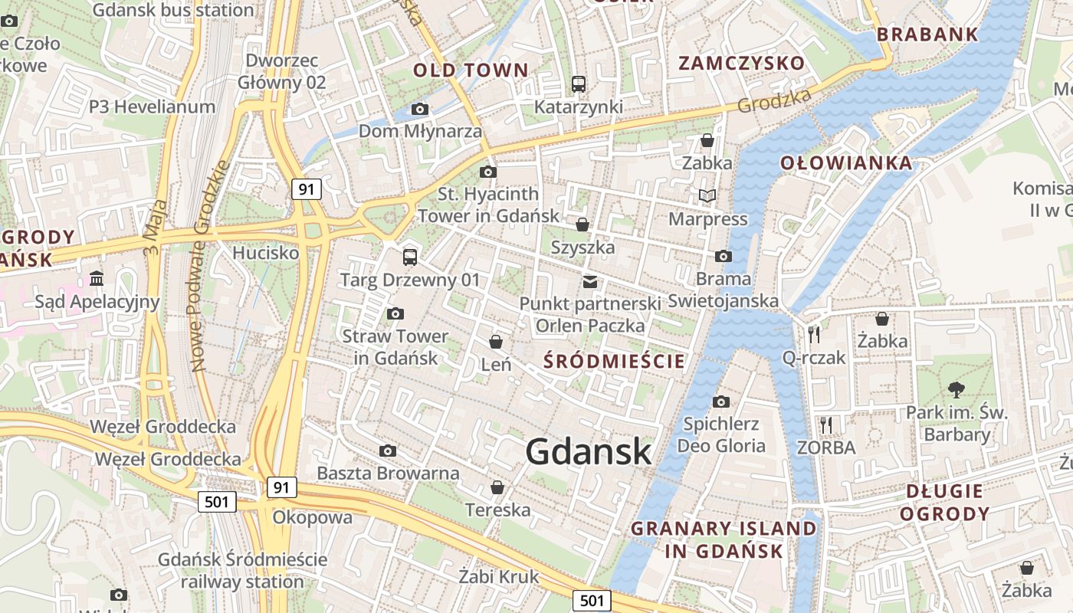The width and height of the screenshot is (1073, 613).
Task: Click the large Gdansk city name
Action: click(589, 452)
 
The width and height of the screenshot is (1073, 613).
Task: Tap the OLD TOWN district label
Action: click(471, 70)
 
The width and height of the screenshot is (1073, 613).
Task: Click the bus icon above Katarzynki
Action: click(579, 84)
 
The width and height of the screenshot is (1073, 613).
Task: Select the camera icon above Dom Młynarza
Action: click(419, 110)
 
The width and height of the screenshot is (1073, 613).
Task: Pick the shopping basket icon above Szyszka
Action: click(582, 225)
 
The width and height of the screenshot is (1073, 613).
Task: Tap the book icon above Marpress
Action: click(707, 196)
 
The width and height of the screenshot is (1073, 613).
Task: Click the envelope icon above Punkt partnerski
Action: click(590, 282)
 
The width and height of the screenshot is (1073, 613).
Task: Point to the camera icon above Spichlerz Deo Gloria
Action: click(720, 402)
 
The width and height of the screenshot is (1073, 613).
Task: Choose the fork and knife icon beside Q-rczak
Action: click(814, 334)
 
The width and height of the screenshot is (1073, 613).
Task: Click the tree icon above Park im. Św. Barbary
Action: click(956, 389)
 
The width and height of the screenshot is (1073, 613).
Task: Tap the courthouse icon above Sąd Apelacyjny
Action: click(97, 278)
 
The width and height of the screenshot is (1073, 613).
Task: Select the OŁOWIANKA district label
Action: click(846, 163)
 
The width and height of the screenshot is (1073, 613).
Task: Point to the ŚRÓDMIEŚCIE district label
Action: click(613, 361)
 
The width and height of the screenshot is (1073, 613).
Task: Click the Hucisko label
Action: click(265, 252)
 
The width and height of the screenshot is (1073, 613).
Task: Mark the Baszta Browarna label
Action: click(388, 473)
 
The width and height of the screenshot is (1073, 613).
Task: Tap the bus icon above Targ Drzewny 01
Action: click(410, 257)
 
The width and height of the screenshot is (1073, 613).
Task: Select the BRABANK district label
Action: click(927, 34)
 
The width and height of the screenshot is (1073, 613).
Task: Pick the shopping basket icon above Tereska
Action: click(497, 487)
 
